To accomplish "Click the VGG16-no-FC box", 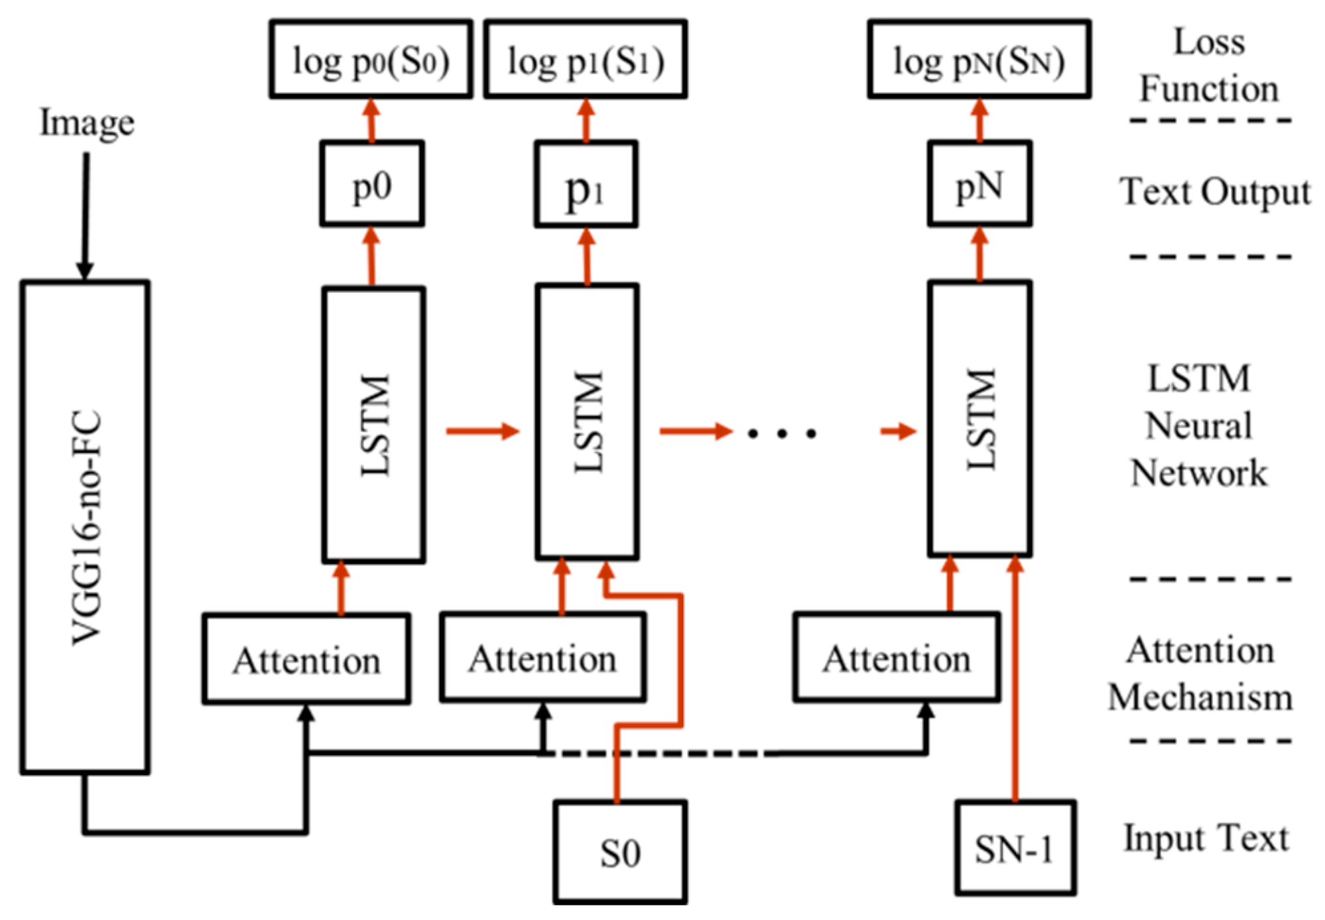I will tap(85, 527).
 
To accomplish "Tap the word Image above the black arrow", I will tap(87, 123).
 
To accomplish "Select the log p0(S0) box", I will tap(371, 60).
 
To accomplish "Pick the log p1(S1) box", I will tap(585, 60).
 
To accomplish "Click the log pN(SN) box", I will tap(979, 60).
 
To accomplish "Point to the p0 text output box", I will tap(372, 184).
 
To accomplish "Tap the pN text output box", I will tap(979, 184).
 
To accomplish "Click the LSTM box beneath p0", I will tap(374, 424).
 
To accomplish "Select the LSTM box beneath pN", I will tap(979, 419).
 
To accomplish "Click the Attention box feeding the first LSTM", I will tap(306, 659).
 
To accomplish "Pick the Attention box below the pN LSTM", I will tap(897, 658).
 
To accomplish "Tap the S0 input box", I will tap(620, 852).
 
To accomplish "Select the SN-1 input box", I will tap(1015, 848).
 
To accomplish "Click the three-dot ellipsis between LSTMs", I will tap(781, 433).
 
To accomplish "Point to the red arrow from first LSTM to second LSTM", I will tap(482, 431).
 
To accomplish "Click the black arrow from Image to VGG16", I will tap(85, 215).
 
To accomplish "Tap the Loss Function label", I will tap(1209, 65).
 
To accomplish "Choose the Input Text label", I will tap(1206, 837).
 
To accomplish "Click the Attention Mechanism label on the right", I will tap(1200, 673).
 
